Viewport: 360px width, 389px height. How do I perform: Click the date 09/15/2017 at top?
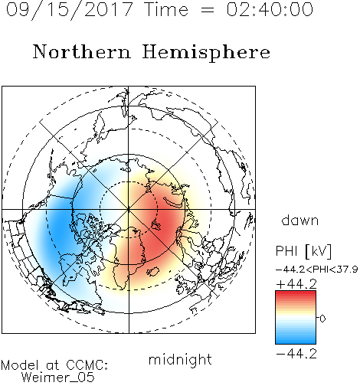(69, 10)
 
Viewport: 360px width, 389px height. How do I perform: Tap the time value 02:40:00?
(270, 9)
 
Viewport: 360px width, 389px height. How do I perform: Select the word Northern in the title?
(82, 51)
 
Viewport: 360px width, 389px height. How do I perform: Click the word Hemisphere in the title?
(206, 53)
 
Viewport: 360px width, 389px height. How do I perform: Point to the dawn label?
(300, 220)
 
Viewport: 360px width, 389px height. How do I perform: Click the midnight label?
(180, 359)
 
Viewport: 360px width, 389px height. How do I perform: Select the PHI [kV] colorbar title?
(303, 251)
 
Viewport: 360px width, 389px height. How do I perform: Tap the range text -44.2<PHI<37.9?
(316, 269)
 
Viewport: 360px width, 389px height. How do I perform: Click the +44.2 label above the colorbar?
(296, 284)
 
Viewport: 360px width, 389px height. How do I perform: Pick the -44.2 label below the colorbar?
(296, 354)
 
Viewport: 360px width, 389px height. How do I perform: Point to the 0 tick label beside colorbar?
(322, 319)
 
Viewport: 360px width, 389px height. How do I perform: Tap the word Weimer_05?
(58, 378)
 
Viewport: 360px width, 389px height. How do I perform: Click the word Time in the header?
(166, 9)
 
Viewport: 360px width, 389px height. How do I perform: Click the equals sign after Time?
(207, 10)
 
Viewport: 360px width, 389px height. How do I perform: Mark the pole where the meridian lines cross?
(129, 209)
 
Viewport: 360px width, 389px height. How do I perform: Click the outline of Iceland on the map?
(153, 272)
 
